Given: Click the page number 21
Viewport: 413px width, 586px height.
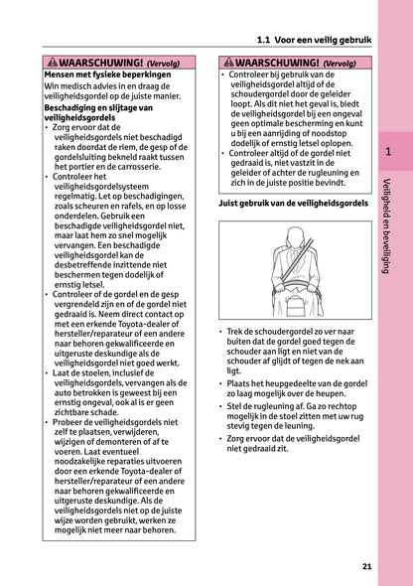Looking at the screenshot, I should tap(367, 567).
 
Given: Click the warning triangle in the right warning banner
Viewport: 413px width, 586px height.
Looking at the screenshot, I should tap(226, 62).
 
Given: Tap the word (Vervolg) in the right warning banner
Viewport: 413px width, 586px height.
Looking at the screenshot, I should tap(335, 63).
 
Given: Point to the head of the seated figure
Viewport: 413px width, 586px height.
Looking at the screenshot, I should tap(294, 236).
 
